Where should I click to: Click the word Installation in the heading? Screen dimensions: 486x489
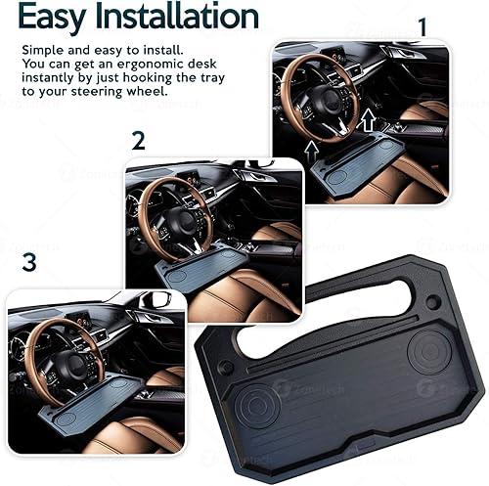click(177, 17)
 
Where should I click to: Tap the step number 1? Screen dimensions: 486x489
click(422, 26)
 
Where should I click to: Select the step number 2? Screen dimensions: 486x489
click(138, 140)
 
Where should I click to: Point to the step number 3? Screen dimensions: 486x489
click(29, 262)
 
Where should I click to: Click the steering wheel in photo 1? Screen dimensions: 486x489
click(319, 98)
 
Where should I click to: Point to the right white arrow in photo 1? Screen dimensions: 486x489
click(367, 121)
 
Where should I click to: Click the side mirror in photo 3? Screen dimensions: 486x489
click(154, 299)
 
